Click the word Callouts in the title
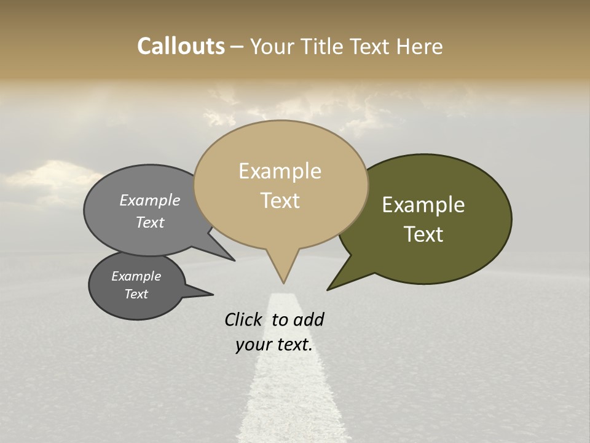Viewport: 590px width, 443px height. click(x=181, y=46)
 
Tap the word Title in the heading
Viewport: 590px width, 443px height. click(x=323, y=47)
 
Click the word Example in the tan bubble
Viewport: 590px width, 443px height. click(x=280, y=171)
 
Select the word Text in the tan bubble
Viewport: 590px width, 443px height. click(x=280, y=201)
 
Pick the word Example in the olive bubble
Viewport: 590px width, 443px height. click(x=423, y=205)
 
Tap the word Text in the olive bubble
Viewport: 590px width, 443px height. click(x=423, y=234)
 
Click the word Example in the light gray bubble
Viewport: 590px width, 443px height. click(x=150, y=200)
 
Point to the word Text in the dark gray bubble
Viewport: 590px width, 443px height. click(x=136, y=294)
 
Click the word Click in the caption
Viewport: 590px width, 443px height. click(x=244, y=319)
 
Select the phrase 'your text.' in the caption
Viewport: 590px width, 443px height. click(x=274, y=345)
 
